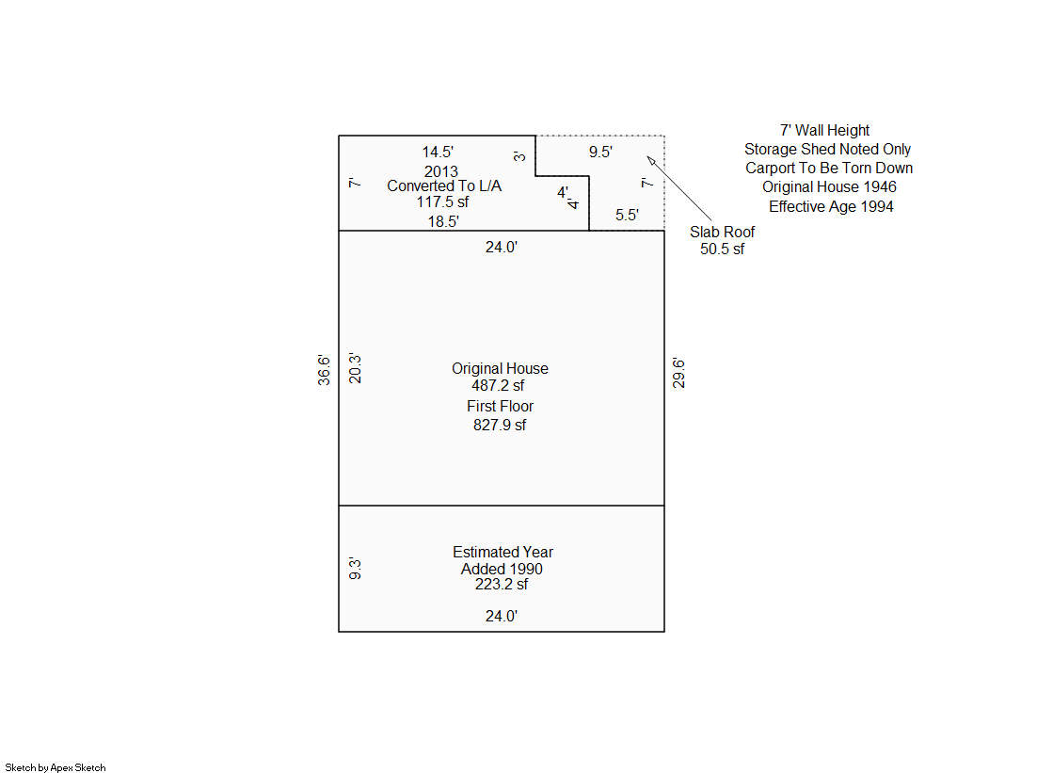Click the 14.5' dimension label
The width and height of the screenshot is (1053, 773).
tap(438, 152)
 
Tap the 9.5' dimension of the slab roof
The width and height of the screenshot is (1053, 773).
tap(600, 152)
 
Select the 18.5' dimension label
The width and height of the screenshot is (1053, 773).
tap(443, 221)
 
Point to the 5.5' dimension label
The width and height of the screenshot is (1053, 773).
tap(628, 215)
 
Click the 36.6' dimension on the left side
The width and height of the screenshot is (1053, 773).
tap(324, 370)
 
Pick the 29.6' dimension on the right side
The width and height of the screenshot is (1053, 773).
tap(678, 373)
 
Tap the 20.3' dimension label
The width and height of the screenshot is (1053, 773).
tap(355, 368)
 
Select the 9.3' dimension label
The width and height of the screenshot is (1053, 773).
tap(355, 569)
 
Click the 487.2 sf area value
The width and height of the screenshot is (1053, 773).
tap(498, 385)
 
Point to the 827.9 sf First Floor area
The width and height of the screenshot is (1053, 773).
tap(500, 425)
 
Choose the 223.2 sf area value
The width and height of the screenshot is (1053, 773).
tap(501, 584)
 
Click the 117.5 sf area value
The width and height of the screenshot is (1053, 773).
tap(442, 201)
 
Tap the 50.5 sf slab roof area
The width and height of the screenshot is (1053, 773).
tap(722, 249)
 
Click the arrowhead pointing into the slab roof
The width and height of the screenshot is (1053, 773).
tap(650, 159)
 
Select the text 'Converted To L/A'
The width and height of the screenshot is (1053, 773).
tap(444, 185)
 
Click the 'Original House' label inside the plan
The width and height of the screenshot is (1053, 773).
tap(500, 368)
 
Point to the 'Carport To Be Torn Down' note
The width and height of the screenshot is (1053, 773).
tap(829, 168)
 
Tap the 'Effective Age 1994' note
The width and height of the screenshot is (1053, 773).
tap(831, 206)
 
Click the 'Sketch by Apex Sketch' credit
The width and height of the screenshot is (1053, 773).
tap(56, 767)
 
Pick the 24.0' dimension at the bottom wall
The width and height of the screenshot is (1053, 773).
tap(501, 616)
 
